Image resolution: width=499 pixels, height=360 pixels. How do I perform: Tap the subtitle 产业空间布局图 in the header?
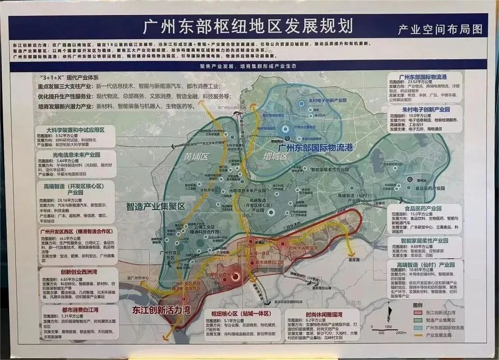(x=440, y=29)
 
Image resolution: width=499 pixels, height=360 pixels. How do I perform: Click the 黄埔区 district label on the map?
(x=195, y=157)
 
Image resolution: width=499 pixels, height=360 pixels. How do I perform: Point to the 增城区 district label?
(x=276, y=156)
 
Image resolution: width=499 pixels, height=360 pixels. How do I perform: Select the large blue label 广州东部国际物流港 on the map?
(x=316, y=147)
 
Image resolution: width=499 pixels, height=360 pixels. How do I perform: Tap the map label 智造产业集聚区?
(x=155, y=206)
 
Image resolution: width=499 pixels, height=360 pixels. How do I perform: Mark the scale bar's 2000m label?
(x=401, y=333)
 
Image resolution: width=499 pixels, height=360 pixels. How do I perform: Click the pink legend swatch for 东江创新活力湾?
(x=418, y=313)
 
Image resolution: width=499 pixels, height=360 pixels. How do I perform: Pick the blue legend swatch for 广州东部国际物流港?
(x=418, y=327)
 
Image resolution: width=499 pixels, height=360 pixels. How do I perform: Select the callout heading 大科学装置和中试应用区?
(x=75, y=130)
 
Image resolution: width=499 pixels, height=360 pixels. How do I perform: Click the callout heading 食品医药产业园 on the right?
(x=425, y=208)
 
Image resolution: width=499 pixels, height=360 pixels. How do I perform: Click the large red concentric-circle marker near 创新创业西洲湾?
(x=235, y=277)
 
